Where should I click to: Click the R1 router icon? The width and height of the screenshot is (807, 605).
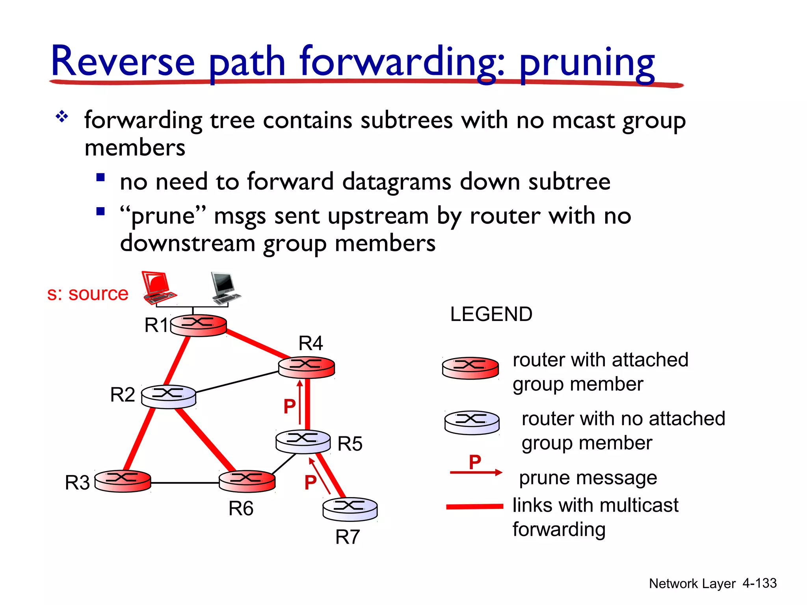198,325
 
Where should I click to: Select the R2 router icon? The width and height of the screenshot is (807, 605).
169,396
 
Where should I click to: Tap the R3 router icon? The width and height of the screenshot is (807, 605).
123,481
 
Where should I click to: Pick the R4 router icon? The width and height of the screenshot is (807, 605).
307,367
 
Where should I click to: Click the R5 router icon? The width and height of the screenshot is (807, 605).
303,441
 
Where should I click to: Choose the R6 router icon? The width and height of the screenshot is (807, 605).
247,481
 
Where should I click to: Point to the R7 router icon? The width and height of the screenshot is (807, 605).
350,508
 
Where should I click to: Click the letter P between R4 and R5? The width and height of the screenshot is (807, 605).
290,406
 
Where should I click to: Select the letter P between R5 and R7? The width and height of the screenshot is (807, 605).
311,482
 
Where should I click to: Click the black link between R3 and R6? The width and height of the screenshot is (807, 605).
185,483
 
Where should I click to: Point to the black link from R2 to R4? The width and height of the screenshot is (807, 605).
236,382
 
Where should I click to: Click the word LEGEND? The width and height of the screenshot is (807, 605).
491,314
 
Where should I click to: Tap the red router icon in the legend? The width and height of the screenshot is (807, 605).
470,368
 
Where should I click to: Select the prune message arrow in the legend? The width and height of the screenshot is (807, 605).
476,472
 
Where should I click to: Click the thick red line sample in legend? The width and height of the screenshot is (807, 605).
474,507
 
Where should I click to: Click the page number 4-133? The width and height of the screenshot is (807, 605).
759,583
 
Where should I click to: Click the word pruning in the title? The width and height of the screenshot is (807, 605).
587,63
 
